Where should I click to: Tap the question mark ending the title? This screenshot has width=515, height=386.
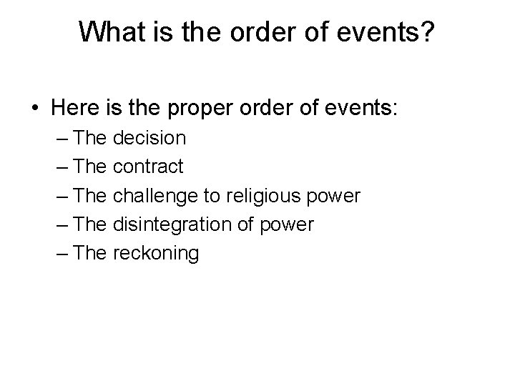(428, 31)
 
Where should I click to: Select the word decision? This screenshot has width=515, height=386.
(149, 138)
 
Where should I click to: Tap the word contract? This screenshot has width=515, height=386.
(149, 167)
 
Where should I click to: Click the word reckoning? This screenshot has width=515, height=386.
(156, 253)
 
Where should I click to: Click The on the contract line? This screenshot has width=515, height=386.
(89, 167)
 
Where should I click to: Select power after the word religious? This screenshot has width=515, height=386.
(336, 196)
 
